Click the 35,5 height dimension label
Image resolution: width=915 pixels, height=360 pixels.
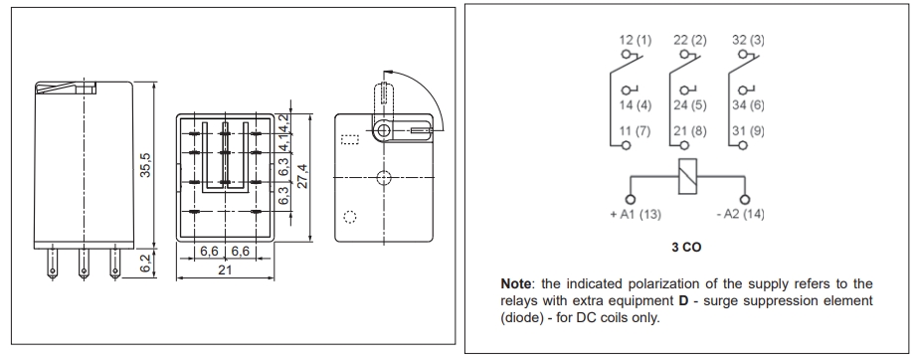click(145, 165)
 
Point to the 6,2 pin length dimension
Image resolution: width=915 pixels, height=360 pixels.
click(145, 264)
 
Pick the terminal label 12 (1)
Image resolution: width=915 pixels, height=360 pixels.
click(635, 40)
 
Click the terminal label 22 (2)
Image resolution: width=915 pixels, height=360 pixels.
click(689, 40)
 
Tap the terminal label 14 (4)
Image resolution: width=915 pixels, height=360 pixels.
click(635, 104)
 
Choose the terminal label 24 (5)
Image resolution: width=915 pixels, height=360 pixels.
click(689, 104)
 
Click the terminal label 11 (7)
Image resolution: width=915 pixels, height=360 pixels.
click(635, 130)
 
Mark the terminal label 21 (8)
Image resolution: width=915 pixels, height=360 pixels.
click(689, 130)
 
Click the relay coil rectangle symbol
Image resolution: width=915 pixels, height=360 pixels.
click(686, 177)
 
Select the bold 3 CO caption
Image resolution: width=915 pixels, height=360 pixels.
click(686, 246)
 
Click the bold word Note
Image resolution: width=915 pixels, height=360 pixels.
click(516, 283)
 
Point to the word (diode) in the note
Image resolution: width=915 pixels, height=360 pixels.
click(523, 318)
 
